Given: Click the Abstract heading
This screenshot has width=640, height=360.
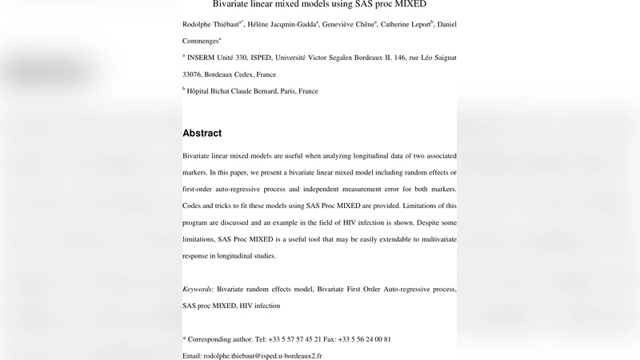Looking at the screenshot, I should pyautogui.click(x=202, y=133).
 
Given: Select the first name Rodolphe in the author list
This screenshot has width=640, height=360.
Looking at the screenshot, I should pyautogui.click(x=199, y=25).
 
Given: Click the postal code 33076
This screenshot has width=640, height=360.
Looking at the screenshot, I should pyautogui.click(x=194, y=74).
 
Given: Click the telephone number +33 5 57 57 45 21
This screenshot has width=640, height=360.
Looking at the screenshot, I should pyautogui.click(x=290, y=339).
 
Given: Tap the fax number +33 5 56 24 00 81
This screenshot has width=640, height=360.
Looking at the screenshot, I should pyautogui.click(x=365, y=339).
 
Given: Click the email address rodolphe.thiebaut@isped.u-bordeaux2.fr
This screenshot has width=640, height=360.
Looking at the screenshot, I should pyautogui.click(x=262, y=355).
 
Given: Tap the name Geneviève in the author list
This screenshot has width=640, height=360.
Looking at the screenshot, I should pyautogui.click(x=346, y=25).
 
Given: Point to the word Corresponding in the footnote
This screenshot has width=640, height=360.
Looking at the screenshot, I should pyautogui.click(x=213, y=339).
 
